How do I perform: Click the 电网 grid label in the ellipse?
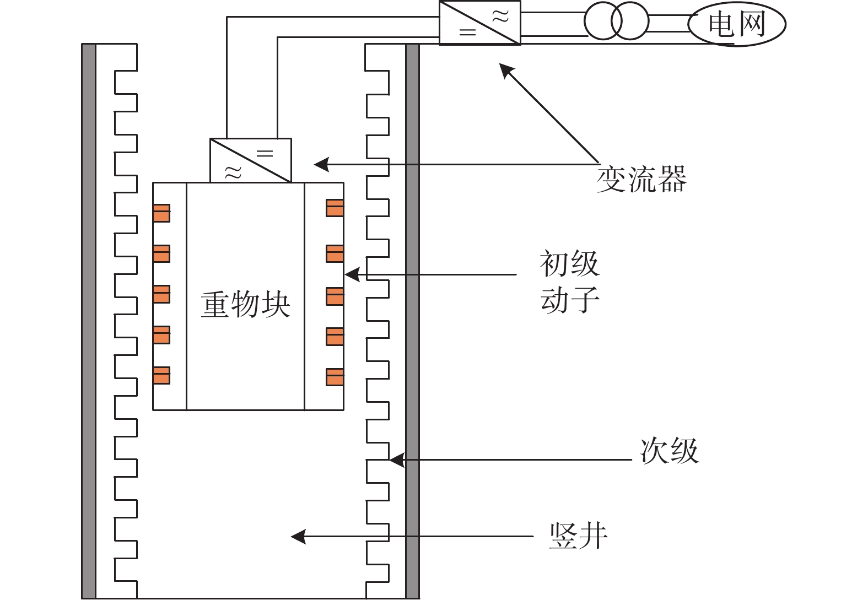pos(737,24)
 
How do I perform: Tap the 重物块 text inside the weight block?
pos(245,305)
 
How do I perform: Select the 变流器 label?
pos(641,179)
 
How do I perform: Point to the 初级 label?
pos(570,263)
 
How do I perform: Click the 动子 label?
pos(570,299)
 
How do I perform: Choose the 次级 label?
pos(670,451)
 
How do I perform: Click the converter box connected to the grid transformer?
pos(479,23)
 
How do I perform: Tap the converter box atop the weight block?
pos(251,160)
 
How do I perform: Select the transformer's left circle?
pos(602,21)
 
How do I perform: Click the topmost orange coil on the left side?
pos(161,213)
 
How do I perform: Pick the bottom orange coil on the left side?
pos(161,375)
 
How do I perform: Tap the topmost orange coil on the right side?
pos(335,208)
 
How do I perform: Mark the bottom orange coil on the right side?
pos(335,377)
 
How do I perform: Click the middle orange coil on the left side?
pos(161,294)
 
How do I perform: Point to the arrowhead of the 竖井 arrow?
pos(298,537)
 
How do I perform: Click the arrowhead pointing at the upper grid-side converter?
pos(505,70)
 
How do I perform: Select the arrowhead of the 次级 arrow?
pos(396,460)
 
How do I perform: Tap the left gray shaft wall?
pos(89,321)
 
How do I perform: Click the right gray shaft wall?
pos(412,321)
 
